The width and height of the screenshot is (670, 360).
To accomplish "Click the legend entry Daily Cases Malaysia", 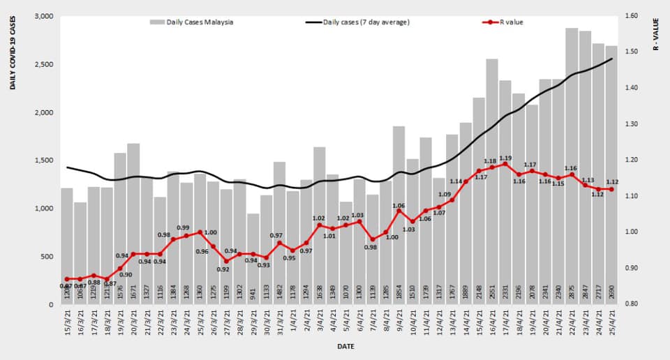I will click(192, 22).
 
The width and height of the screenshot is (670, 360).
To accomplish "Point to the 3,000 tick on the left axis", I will click(42, 16).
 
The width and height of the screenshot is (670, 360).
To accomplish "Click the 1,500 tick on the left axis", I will click(42, 160).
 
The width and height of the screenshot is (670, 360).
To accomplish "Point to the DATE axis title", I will click(345, 346).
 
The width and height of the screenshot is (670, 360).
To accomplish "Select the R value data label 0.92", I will click(223, 269).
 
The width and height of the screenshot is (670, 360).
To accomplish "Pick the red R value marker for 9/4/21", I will click(399, 211).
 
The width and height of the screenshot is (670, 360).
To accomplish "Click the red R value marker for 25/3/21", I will click(200, 232).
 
